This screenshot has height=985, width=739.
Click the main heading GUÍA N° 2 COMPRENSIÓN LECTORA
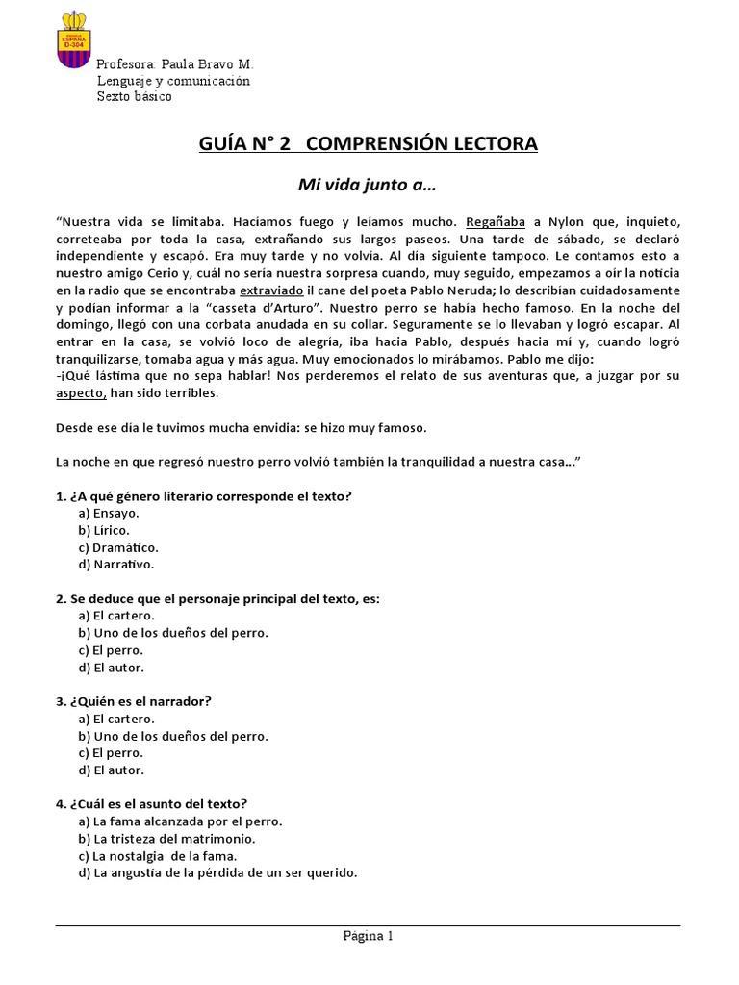[x=369, y=144]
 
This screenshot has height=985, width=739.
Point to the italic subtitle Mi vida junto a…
[x=369, y=184]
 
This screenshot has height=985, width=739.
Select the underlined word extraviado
[x=272, y=290]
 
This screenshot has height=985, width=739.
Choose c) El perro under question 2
[x=112, y=649]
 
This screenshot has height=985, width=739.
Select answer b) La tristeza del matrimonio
[x=166, y=839]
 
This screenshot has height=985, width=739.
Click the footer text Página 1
[x=369, y=935]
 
